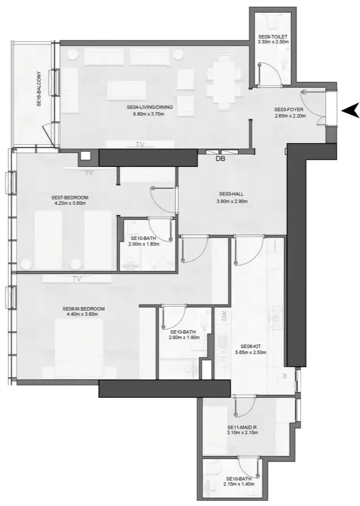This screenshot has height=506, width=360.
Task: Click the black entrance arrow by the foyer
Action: point(351,109)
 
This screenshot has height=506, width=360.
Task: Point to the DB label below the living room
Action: point(220,159)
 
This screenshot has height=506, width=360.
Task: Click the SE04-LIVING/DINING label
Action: point(149,107)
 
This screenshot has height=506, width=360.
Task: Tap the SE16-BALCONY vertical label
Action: point(39,90)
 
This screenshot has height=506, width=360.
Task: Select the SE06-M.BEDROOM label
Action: point(84,309)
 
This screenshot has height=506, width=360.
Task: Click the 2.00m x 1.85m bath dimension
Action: point(144,244)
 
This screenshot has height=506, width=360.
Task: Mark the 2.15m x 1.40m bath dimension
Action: point(240,484)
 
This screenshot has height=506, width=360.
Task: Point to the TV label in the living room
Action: point(140,144)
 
